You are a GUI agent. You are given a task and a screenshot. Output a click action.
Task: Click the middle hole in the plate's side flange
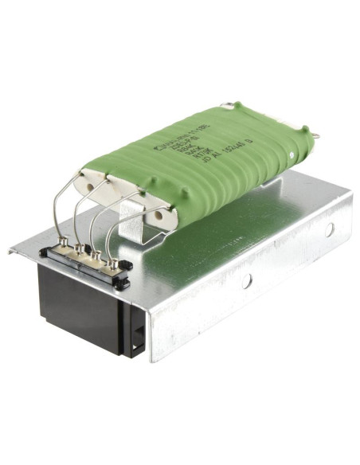tap(248, 280)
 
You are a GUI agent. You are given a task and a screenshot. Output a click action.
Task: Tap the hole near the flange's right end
tap(328, 229)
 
